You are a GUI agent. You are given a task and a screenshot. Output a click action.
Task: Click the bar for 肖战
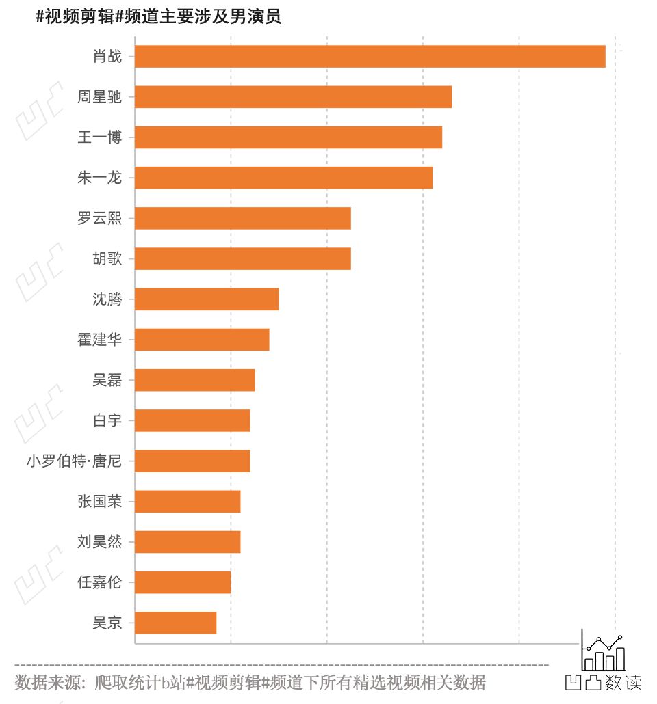(370, 57)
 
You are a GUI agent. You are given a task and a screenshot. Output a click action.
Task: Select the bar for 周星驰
(293, 97)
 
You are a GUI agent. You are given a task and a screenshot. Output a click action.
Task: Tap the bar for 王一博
(288, 137)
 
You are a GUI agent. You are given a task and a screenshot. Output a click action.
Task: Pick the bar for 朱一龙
(283, 178)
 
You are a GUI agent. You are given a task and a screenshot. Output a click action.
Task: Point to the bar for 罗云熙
(242, 218)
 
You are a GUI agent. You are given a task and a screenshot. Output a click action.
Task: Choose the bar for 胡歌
(242, 258)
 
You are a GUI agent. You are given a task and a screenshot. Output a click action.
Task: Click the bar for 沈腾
(207, 299)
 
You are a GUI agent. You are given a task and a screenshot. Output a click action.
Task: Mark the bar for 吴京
(175, 623)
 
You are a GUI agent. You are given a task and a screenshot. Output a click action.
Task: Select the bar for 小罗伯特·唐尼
(192, 461)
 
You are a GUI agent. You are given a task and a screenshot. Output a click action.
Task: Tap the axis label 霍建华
(99, 340)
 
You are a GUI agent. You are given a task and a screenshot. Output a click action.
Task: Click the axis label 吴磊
(107, 380)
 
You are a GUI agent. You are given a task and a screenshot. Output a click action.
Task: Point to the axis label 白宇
(107, 420)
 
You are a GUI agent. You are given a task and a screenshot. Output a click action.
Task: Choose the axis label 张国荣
(99, 502)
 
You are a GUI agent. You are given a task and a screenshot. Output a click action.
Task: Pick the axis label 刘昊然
(99, 542)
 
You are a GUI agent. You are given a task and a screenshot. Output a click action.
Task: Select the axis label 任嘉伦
(99, 582)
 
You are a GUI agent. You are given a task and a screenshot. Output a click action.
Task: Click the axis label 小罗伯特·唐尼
(74, 461)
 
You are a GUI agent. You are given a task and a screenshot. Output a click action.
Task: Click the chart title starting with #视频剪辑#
(158, 17)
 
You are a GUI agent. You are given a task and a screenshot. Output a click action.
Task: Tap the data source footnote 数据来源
(250, 682)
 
